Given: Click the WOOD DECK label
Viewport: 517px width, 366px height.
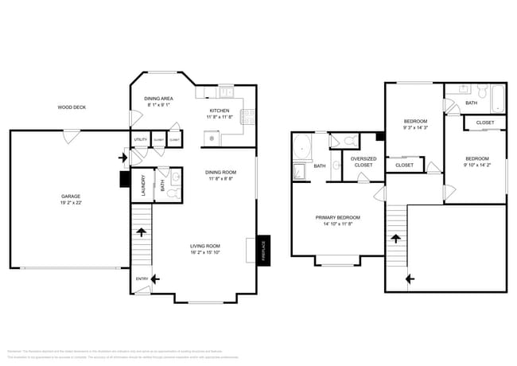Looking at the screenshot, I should click(71, 107).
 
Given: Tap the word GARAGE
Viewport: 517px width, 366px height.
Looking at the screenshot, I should click(71, 196).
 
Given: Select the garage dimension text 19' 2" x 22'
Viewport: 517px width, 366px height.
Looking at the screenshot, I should click(71, 203).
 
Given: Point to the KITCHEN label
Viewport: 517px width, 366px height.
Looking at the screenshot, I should click(220, 111).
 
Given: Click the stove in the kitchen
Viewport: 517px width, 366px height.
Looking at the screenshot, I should click(247, 119).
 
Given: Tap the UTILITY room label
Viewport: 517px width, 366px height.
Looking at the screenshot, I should click(140, 139).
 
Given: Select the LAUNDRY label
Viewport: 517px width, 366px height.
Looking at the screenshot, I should click(142, 184).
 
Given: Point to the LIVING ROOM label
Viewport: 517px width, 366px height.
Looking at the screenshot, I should click(205, 246).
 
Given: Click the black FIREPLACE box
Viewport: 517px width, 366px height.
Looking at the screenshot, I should click(264, 249).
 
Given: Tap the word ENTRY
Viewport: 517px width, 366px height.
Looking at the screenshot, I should click(142, 278).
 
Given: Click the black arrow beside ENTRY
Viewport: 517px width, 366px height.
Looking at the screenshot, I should click(155, 278).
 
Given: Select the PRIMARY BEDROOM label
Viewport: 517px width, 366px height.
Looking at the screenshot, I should click(337, 217).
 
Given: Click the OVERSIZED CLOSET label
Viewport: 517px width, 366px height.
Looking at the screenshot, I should click(363, 162).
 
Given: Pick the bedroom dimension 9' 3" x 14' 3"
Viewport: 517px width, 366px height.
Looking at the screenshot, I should click(415, 127).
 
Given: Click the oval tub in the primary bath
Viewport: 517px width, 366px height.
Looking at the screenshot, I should click(302, 146).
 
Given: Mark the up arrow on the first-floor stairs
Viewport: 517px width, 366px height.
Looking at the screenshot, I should click(142, 232).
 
